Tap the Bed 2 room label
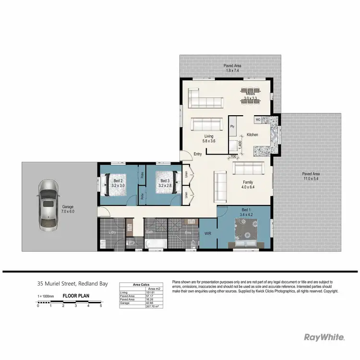118,183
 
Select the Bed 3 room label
165,183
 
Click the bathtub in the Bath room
156,244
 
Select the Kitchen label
252,135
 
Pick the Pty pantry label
232,126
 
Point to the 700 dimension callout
233,157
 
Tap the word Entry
198,154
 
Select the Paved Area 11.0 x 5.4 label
311,176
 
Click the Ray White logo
324,337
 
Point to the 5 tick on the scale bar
101,306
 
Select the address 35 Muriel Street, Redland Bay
72,284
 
